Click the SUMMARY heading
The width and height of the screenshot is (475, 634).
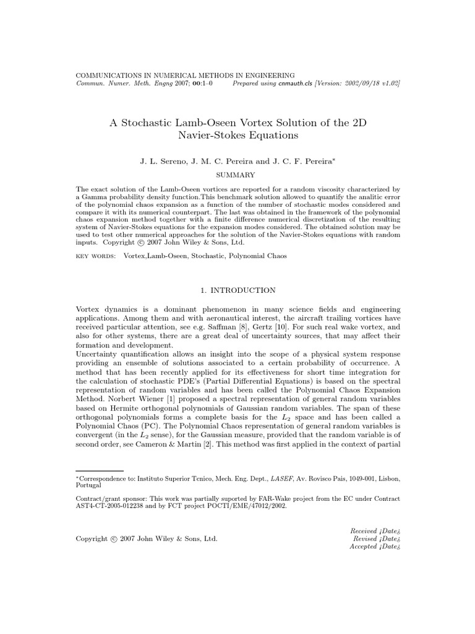237,175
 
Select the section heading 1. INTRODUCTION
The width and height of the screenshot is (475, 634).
237,290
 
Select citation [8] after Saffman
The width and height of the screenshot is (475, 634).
332,326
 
